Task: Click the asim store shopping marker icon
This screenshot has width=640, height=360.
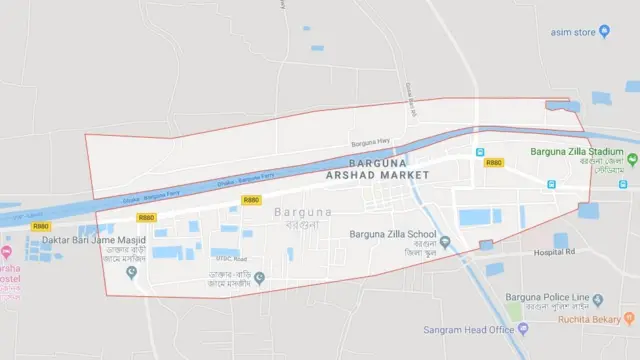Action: (x=605, y=31)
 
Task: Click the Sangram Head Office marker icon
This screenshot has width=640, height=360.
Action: (x=523, y=329)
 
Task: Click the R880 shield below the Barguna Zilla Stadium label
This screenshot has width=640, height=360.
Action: (x=493, y=162)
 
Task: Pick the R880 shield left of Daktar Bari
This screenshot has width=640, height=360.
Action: (x=41, y=227)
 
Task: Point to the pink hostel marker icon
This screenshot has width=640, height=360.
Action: (x=6, y=252)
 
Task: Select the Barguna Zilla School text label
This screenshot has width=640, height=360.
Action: (x=392, y=236)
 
